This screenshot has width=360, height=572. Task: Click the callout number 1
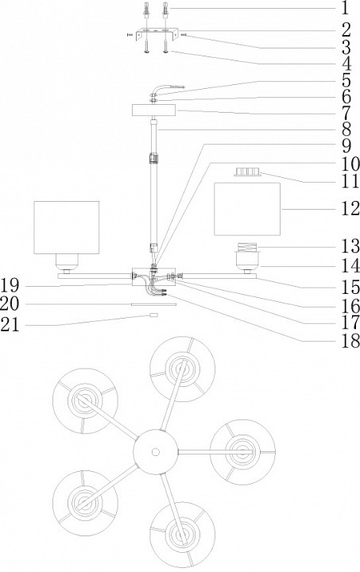tap(345, 8)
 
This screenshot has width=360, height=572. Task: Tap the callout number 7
tap(346, 114)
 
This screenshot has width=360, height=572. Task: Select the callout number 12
tap(350, 209)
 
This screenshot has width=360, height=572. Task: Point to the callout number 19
tap(10, 285)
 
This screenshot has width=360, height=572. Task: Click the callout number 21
tap(10, 324)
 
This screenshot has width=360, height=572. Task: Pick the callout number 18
tap(350, 342)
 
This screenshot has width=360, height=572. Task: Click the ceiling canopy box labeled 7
tap(153, 110)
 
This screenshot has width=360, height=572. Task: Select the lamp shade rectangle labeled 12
tap(247, 209)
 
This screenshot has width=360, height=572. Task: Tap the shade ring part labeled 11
tap(248, 172)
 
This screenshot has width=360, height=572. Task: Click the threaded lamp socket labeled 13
tap(247, 247)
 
